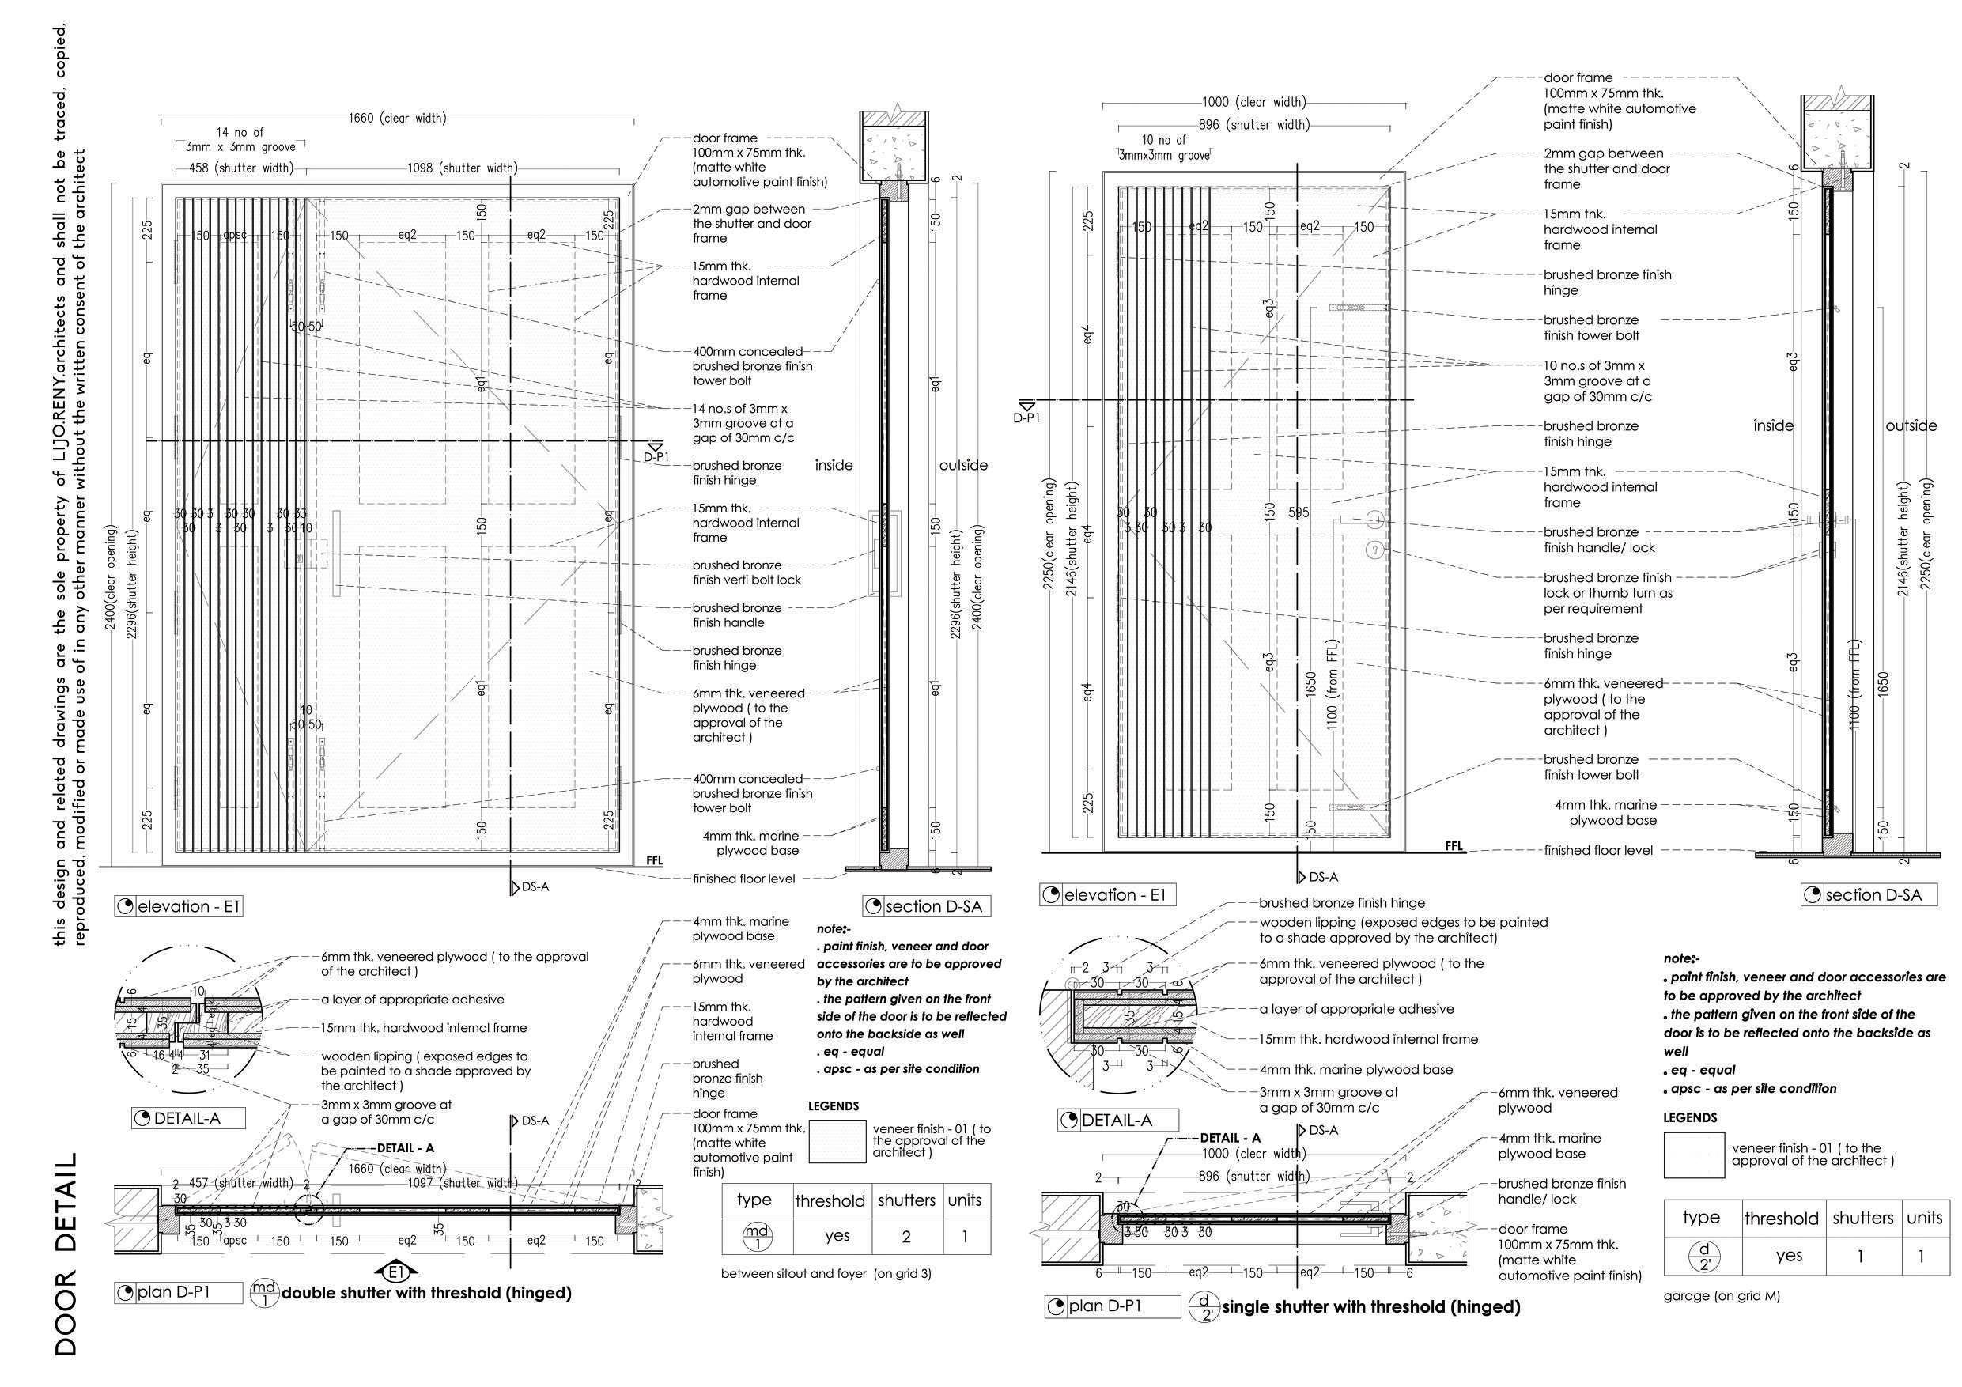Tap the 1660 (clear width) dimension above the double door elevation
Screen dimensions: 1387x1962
tap(396, 118)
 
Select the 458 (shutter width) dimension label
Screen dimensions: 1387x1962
tap(240, 168)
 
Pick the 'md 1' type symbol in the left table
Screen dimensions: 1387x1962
tap(756, 1237)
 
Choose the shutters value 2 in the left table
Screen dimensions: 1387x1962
tap(905, 1237)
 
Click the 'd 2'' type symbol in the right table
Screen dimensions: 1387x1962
tap(1699, 1257)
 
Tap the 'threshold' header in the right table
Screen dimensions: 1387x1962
tap(1781, 1219)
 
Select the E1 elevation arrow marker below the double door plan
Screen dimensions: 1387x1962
tap(395, 1272)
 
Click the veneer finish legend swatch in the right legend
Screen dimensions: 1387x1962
tap(1693, 1155)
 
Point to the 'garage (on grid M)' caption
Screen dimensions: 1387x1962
tap(1721, 1295)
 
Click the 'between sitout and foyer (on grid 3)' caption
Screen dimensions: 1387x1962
tap(826, 1273)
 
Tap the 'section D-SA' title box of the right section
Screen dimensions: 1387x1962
tap(1868, 895)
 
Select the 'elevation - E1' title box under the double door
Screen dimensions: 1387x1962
tap(179, 906)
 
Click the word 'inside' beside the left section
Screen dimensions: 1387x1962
tap(834, 465)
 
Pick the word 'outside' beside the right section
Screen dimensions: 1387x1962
tap(1911, 425)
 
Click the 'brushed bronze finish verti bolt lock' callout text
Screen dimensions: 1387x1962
tap(746, 573)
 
